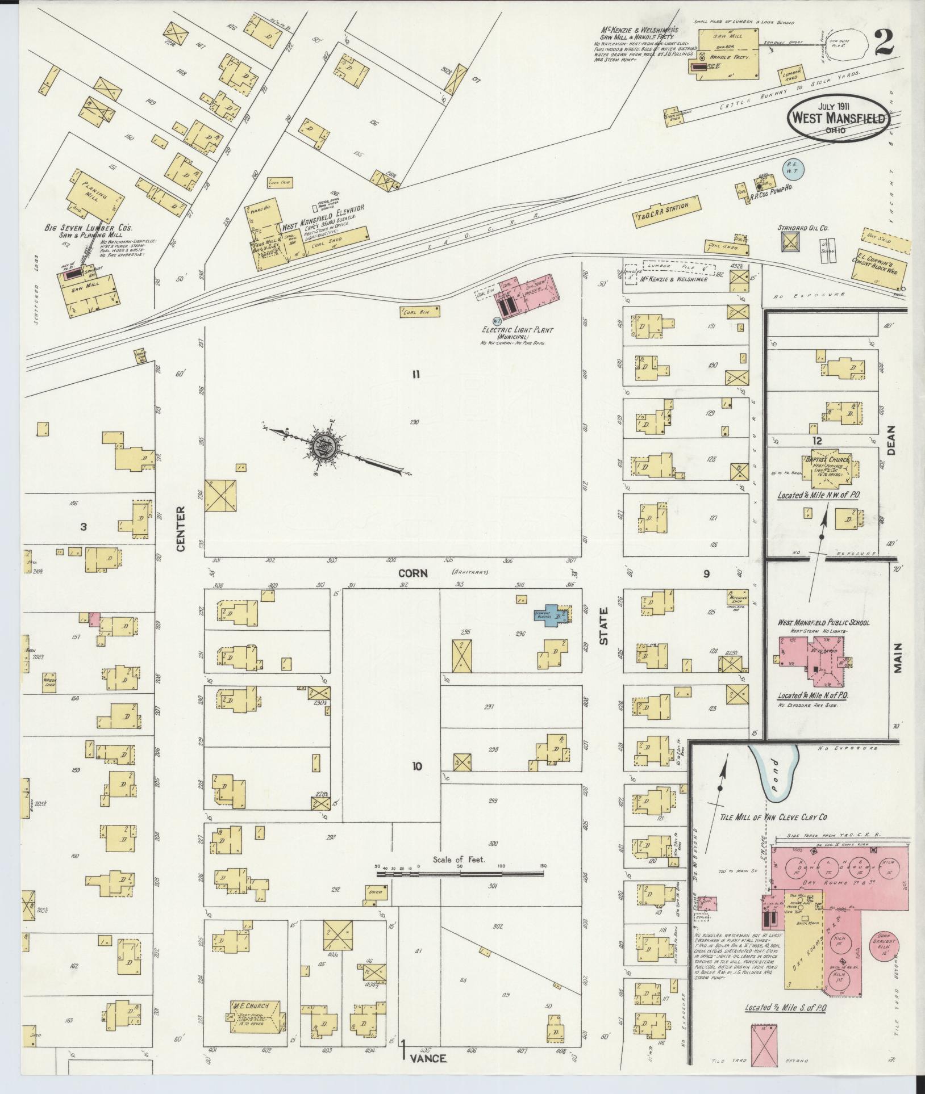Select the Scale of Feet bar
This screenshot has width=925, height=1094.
click(460, 890)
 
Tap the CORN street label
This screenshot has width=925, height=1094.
click(413, 573)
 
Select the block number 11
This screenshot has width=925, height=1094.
click(416, 374)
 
